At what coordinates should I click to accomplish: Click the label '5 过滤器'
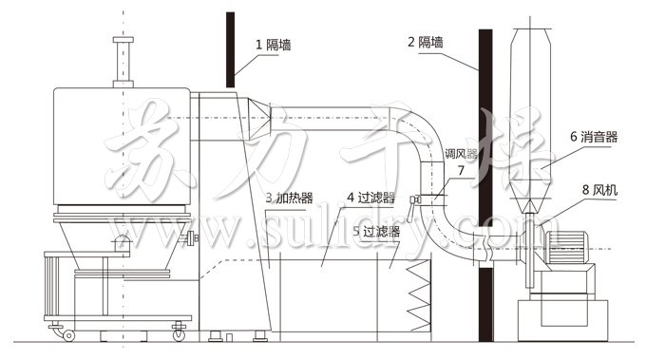[x=375, y=231]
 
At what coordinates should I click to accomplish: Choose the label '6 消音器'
[x=594, y=137]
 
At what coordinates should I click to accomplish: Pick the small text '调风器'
[x=461, y=153]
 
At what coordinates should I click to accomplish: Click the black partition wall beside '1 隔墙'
[x=230, y=47]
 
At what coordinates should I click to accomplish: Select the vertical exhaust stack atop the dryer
[x=121, y=63]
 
